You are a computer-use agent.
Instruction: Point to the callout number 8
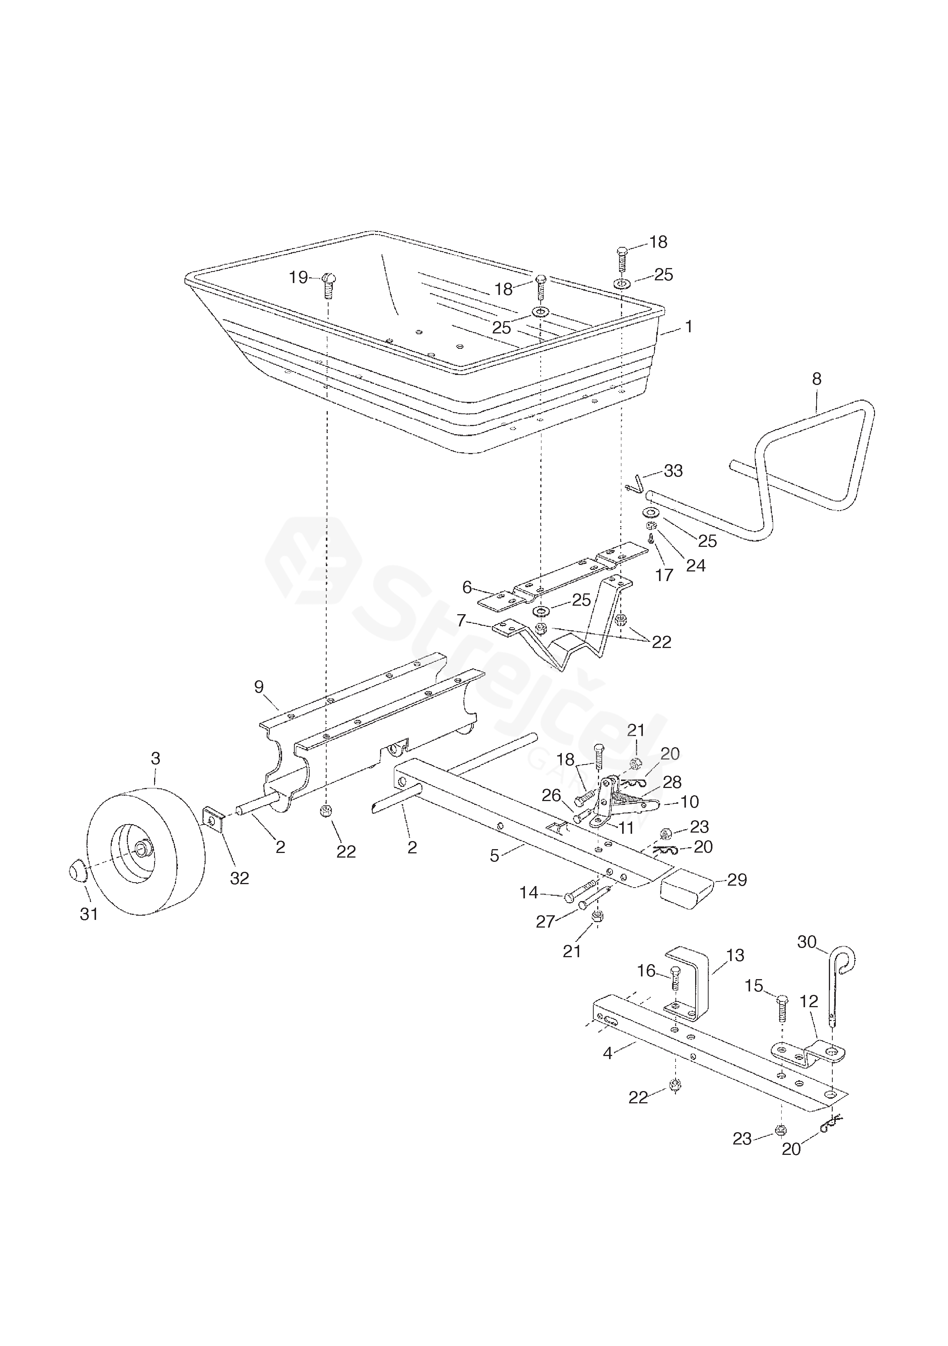pos(817,379)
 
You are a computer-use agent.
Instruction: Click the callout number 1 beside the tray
pos(689,327)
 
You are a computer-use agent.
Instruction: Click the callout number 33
pos(673,471)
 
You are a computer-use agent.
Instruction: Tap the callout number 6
pos(467,587)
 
